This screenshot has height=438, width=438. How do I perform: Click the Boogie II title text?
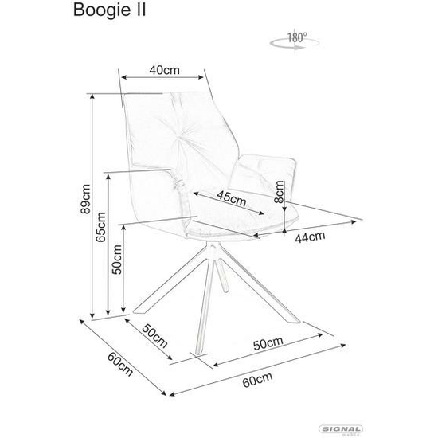pyautogui.click(x=109, y=11)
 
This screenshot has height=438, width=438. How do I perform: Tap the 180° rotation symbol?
pyautogui.click(x=295, y=41)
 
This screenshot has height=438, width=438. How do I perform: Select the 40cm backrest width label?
pyautogui.click(x=164, y=70)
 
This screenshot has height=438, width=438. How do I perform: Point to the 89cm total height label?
pyautogui.click(x=85, y=199)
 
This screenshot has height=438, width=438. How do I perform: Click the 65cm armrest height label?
pyautogui.click(x=100, y=227)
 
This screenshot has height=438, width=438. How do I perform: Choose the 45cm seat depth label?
pyautogui.click(x=232, y=198)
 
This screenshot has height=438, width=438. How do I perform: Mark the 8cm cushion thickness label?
pyautogui.click(x=279, y=191)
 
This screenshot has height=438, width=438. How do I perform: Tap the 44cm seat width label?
pyautogui.click(x=310, y=237)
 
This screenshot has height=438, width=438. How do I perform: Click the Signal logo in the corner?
pyautogui.click(x=341, y=429)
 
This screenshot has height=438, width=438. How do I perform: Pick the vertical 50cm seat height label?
pyautogui.click(x=117, y=260)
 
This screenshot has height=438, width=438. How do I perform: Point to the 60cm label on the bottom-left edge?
pyautogui.click(x=120, y=364)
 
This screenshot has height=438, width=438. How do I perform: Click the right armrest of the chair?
pyautogui.click(x=263, y=178)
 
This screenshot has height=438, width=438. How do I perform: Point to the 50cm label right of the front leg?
pyautogui.click(x=268, y=343)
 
